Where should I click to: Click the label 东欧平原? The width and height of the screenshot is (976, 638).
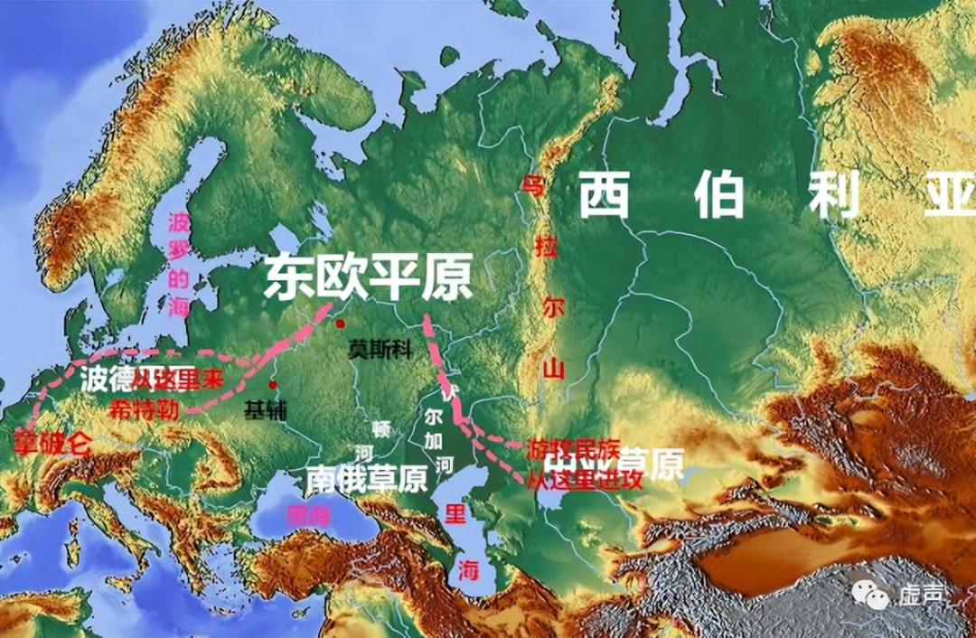[368, 278]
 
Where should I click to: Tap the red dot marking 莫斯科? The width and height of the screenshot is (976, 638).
[340, 324]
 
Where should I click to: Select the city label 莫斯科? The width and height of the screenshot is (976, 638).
[380, 351]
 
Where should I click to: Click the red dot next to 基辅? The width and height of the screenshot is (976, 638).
[273, 385]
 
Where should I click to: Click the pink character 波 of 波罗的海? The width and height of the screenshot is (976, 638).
[180, 222]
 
